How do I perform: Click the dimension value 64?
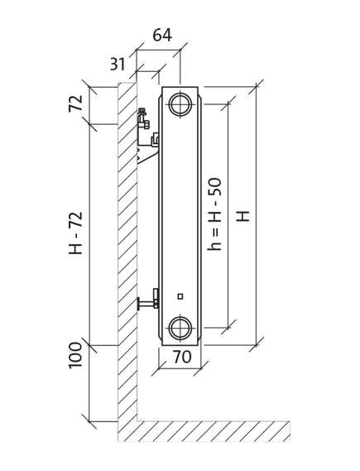(x=162, y=35)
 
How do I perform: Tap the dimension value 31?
(x=118, y=64)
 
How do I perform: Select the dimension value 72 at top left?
(x=75, y=103)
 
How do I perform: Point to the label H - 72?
(x=75, y=233)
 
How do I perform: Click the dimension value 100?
(x=75, y=355)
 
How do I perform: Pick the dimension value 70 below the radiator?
(x=182, y=357)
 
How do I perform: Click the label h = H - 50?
(x=215, y=214)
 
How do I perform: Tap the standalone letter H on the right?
(x=243, y=216)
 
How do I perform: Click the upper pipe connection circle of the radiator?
(x=180, y=104)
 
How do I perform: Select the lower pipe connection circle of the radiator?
(x=180, y=329)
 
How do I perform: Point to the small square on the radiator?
(x=180, y=296)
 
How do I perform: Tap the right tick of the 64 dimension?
(x=180, y=50)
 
